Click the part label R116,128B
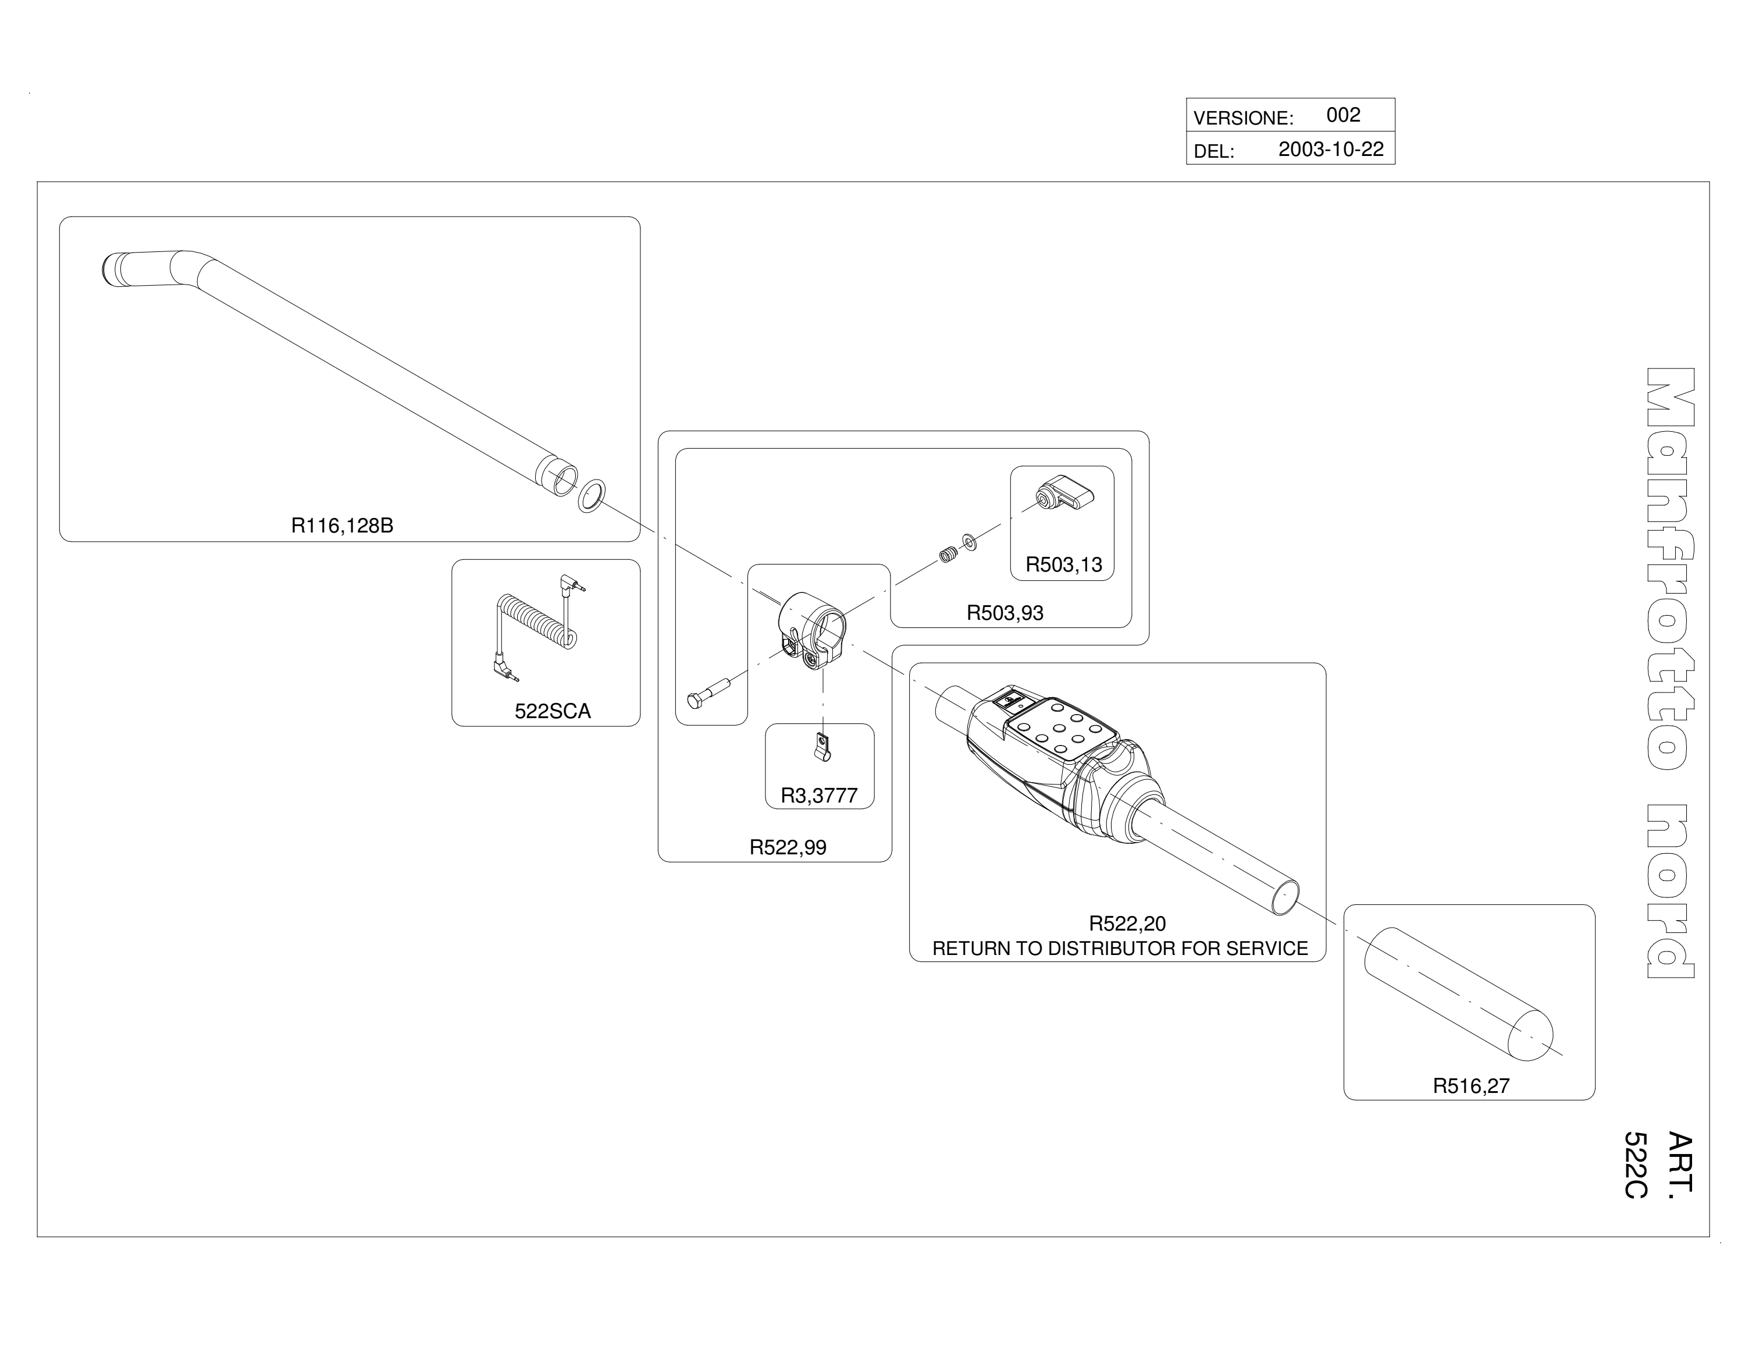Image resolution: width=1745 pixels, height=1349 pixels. pos(342,526)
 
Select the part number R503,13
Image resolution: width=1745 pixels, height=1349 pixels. pos(1063,565)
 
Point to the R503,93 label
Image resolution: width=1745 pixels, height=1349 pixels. pos(1005,613)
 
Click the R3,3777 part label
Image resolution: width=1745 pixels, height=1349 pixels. pos(819,796)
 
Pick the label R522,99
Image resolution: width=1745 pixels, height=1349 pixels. pos(788,848)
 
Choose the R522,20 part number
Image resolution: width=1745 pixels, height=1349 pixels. pos(1127,924)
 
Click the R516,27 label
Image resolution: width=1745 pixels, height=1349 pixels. pos(1471,1086)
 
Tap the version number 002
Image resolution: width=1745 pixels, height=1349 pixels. pos(1343,115)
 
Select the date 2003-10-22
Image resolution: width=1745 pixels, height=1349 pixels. pos(1331,150)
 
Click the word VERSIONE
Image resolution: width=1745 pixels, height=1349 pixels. pos(1241,118)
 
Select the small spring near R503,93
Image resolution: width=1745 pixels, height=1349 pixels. pos(948,554)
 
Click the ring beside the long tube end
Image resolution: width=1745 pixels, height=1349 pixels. pos(591,496)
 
